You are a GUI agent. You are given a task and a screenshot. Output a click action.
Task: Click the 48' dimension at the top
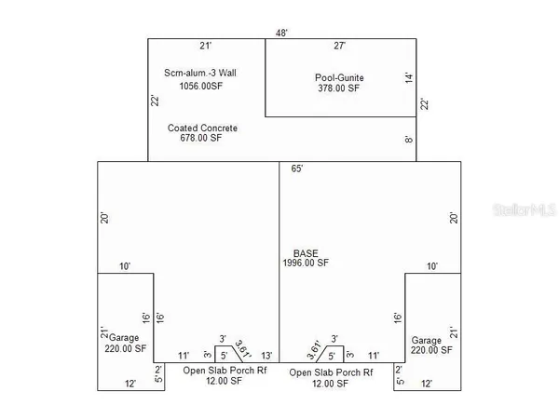click(281, 34)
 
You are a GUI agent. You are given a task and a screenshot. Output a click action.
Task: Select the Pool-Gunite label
click(339, 77)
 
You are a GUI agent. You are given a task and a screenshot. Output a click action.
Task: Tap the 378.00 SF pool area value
click(339, 88)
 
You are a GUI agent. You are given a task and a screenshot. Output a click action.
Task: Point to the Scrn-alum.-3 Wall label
click(200, 73)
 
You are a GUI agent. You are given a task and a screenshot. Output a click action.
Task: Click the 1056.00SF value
click(200, 86)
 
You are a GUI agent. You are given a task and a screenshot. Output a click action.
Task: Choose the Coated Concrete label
click(202, 128)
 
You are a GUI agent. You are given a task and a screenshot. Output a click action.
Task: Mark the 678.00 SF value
click(200, 138)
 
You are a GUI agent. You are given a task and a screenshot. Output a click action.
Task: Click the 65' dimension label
click(297, 169)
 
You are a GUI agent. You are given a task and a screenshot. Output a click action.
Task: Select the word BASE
click(306, 253)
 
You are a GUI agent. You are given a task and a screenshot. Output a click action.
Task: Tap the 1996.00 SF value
click(306, 263)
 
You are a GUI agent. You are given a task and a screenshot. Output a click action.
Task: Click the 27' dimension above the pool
click(340, 46)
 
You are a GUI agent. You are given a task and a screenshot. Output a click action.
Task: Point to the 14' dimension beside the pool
click(409, 78)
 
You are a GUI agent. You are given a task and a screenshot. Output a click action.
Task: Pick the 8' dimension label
click(409, 140)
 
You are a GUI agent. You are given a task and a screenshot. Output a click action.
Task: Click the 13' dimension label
click(266, 356)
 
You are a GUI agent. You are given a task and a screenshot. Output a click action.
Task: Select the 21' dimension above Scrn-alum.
click(206, 46)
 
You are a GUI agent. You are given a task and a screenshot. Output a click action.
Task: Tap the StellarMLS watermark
click(524, 209)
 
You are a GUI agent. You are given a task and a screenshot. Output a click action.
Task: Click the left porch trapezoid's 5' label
click(224, 356)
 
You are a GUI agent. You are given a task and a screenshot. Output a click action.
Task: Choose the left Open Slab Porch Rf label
click(225, 371)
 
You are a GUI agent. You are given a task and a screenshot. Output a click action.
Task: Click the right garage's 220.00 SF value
click(431, 350)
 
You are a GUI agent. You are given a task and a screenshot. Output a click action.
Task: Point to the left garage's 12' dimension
click(130, 384)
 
